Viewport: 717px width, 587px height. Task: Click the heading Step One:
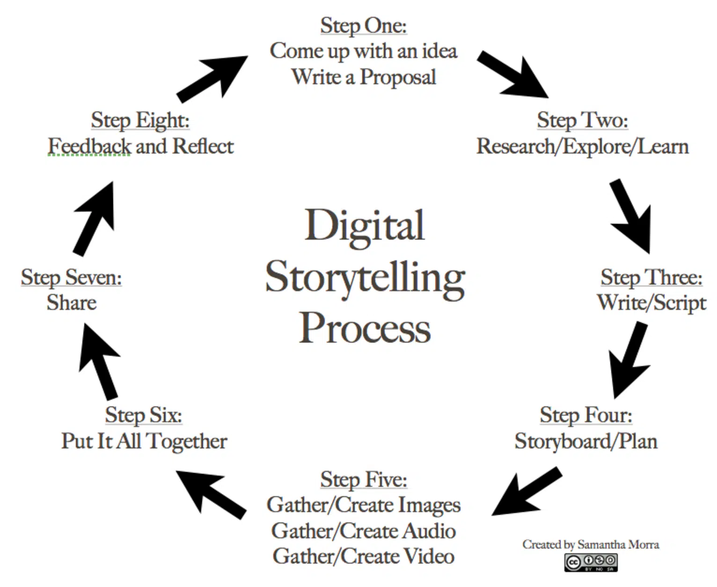(363, 26)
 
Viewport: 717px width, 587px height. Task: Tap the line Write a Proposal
(364, 77)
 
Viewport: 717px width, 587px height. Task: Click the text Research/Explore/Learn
(582, 147)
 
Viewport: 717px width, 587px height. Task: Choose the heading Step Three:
(651, 277)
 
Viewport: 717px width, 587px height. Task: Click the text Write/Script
(651, 303)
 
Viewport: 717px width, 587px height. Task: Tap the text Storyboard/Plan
(585, 441)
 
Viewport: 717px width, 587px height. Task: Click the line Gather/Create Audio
(364, 531)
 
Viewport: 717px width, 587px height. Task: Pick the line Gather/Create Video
(364, 557)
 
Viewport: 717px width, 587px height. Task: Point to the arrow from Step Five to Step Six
(211, 494)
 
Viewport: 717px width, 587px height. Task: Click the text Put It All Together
(144, 441)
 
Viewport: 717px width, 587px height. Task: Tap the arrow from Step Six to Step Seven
(100, 361)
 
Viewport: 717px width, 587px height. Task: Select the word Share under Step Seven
(72, 303)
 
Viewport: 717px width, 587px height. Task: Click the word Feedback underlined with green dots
(89, 147)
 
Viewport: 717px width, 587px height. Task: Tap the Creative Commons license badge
(591, 562)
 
